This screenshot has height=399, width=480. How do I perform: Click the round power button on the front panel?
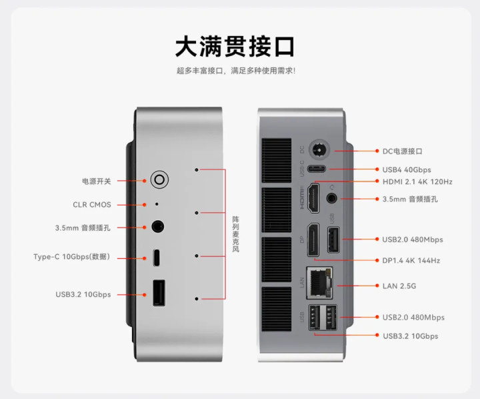159,179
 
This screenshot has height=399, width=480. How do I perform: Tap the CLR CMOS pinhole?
157,204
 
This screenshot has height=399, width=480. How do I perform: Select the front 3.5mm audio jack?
157,227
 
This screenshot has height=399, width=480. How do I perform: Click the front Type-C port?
157,258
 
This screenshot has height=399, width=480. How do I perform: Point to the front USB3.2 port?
159,293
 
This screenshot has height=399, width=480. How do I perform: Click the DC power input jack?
319,150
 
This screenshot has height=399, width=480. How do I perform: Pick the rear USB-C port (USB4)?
317,169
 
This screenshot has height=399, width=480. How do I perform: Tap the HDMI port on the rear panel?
313,198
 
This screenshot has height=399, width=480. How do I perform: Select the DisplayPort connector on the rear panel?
313,240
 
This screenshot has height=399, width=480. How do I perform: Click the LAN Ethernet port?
319,283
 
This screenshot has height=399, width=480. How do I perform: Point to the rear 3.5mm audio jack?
331,198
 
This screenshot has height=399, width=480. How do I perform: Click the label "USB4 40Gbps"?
407,169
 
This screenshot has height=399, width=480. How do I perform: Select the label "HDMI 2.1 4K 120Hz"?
417,181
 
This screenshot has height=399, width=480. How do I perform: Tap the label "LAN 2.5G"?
399,286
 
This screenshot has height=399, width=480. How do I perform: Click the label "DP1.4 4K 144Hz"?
411,260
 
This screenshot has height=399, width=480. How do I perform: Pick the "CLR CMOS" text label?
92,205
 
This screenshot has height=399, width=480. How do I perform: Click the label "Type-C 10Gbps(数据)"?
71,257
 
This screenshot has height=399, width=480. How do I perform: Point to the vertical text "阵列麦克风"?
235,234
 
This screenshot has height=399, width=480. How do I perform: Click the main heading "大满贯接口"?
235,47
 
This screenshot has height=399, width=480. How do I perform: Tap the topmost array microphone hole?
197,169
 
